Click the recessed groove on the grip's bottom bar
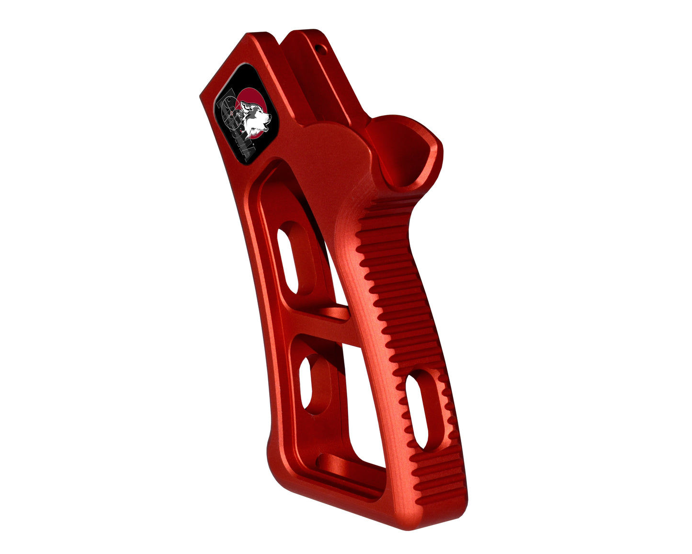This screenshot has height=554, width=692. (335, 467)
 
